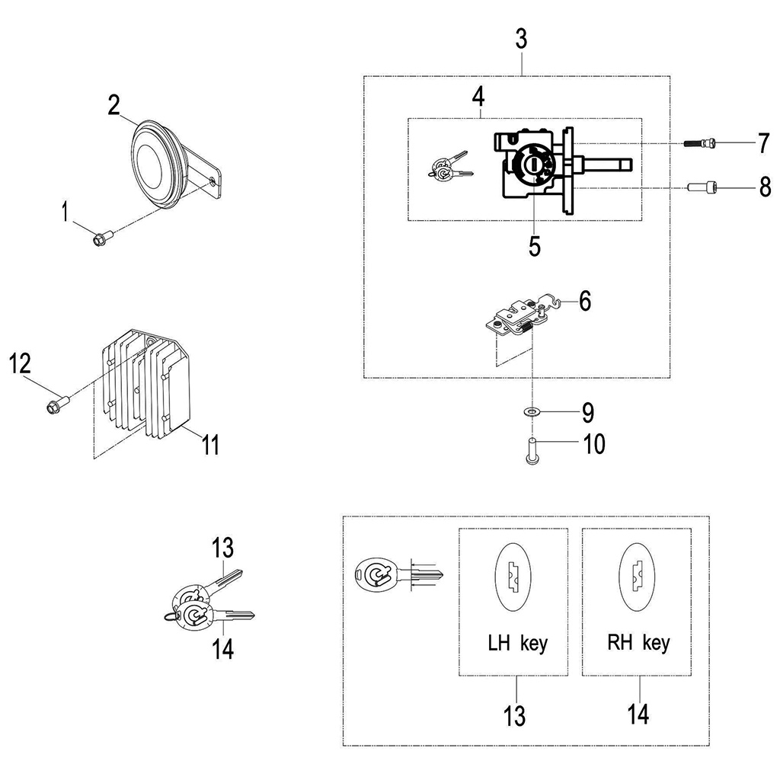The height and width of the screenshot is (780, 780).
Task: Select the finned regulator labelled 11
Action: click(x=145, y=388)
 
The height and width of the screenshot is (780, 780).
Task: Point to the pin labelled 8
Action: click(x=703, y=186)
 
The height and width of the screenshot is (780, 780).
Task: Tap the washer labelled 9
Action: click(x=531, y=412)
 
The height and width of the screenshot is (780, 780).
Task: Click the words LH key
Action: click(x=517, y=644)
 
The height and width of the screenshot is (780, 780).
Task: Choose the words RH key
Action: click(x=638, y=643)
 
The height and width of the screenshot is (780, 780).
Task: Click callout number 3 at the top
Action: click(x=521, y=40)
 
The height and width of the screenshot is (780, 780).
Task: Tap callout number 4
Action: click(x=478, y=97)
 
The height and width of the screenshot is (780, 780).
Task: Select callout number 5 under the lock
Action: click(x=535, y=246)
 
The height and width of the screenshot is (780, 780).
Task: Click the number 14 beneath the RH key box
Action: click(x=638, y=715)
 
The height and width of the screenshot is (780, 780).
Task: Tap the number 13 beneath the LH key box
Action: click(x=515, y=716)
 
